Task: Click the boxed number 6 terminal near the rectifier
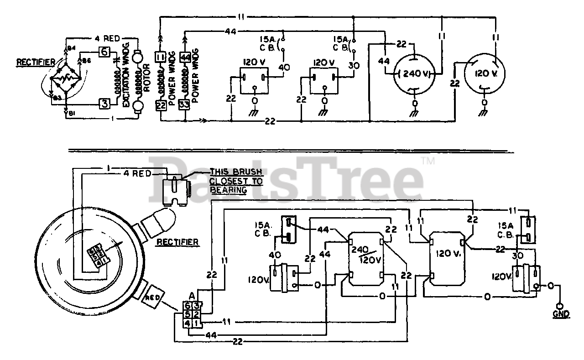(104, 52)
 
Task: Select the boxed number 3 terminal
(104, 104)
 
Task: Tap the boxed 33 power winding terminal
(184, 104)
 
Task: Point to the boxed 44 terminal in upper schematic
(185, 57)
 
